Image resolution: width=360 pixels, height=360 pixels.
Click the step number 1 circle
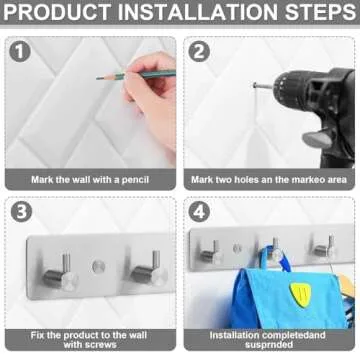pos(22,52)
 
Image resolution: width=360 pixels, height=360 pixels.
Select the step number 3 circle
pos(22,213)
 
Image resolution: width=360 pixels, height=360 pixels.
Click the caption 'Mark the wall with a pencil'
pos(90,179)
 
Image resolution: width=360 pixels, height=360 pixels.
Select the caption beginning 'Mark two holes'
pos(270,179)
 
